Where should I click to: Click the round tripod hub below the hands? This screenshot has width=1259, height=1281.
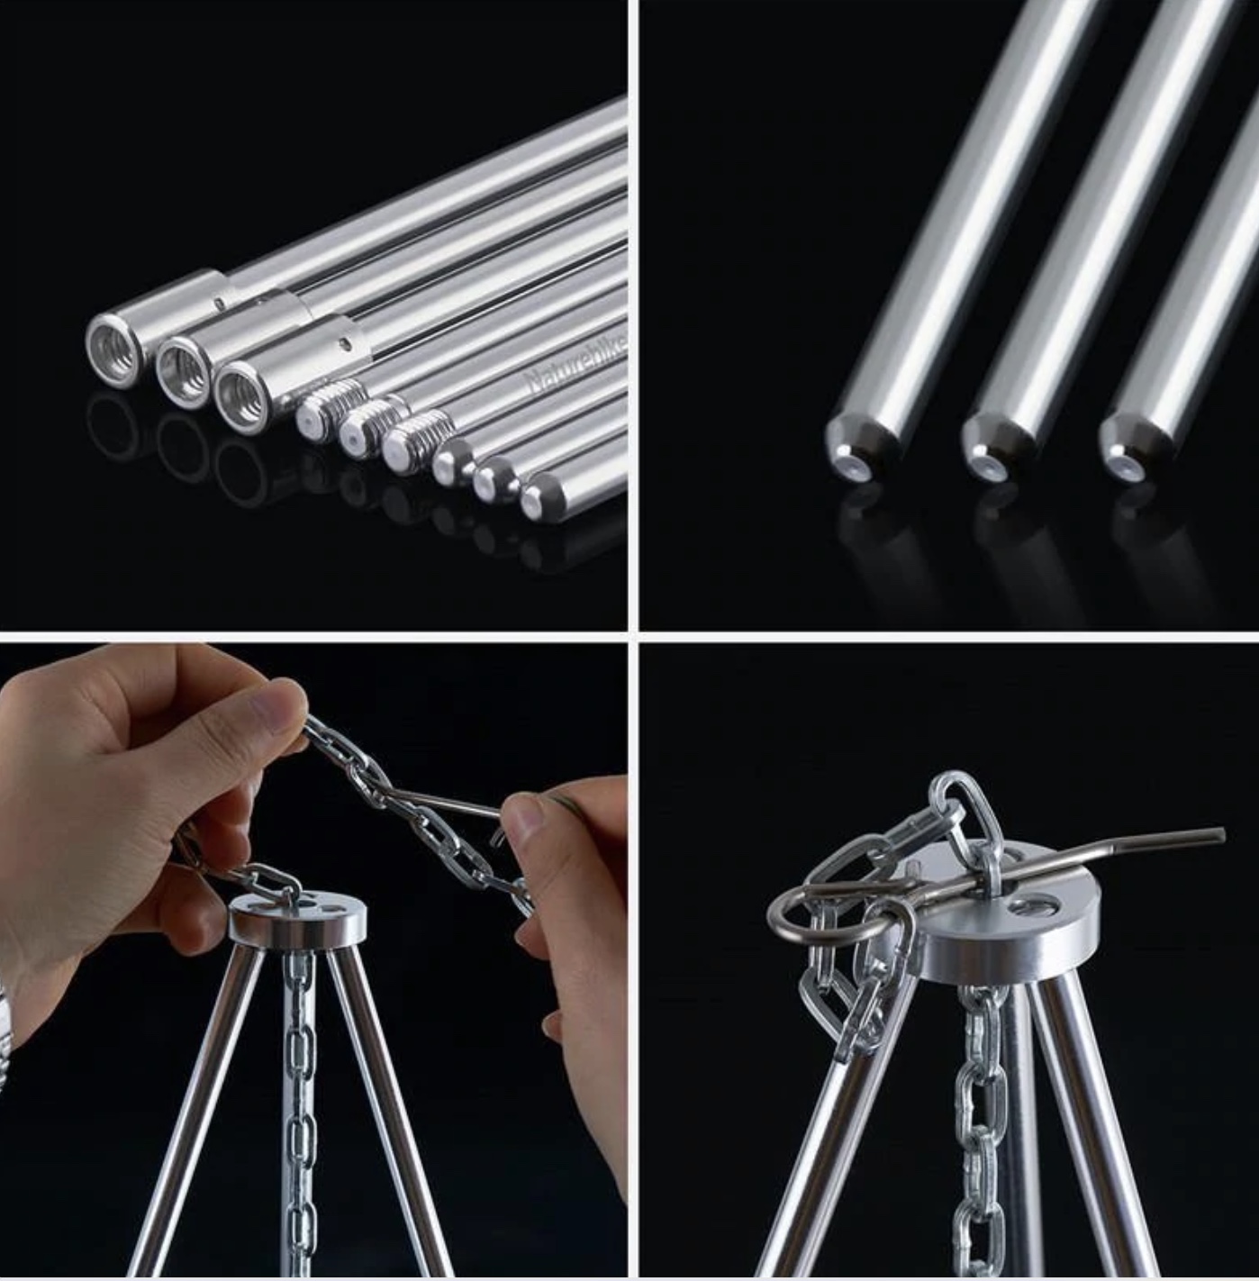298,919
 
